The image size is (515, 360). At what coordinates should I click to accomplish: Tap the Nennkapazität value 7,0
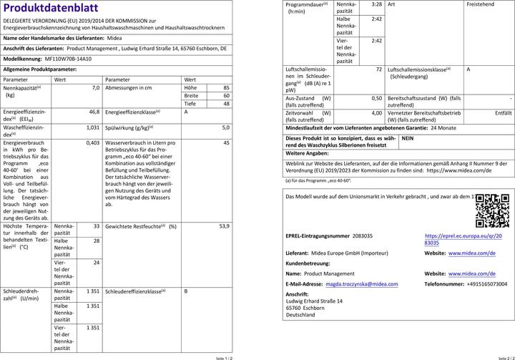pos(95,87)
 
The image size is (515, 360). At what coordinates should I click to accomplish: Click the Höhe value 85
pos(226,87)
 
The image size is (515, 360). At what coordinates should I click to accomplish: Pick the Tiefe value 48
pos(226,104)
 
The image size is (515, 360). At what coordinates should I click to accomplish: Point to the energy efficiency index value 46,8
pos(94,112)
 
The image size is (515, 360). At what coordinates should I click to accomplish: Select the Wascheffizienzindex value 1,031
pos(92,127)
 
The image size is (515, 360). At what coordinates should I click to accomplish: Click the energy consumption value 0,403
pos(92,143)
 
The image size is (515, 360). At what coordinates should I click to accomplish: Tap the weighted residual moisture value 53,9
pos(224,225)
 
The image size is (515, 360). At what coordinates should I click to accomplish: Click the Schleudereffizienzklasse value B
pos(186,291)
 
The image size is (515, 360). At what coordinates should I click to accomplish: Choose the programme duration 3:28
pos(376,4)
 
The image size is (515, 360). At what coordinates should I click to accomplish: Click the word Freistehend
pos(481,4)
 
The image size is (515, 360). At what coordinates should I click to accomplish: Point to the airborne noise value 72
pos(378,69)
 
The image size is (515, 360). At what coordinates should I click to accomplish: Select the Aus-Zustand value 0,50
pos(376,98)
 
